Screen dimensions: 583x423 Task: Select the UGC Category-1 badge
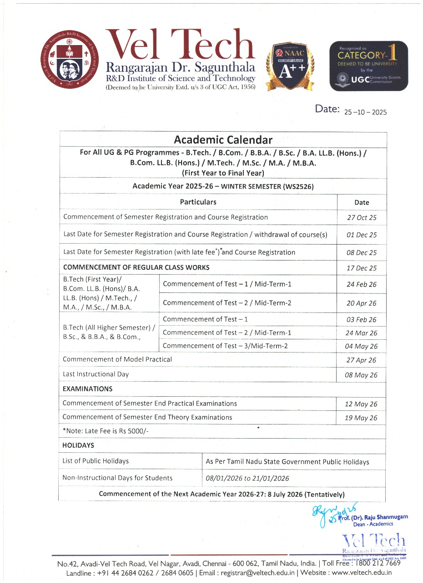[368, 66]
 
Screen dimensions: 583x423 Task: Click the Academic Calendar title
[223, 140]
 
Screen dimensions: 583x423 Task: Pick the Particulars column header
[198, 202]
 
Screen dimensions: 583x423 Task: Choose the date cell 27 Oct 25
[362, 218]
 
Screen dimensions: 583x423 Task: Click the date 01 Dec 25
[362, 235]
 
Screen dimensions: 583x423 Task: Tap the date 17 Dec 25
[362, 268]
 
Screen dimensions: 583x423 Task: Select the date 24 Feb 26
[362, 285]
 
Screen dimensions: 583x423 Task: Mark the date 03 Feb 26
[362, 320]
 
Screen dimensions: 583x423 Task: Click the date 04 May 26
[362, 347]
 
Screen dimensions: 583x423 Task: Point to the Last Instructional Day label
[96, 374]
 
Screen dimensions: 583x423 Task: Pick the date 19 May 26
[362, 418]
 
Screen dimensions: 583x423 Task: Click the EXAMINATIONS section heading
[87, 389]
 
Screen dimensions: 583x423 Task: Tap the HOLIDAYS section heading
[78, 445]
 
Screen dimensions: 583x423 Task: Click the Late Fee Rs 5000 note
[106, 431]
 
